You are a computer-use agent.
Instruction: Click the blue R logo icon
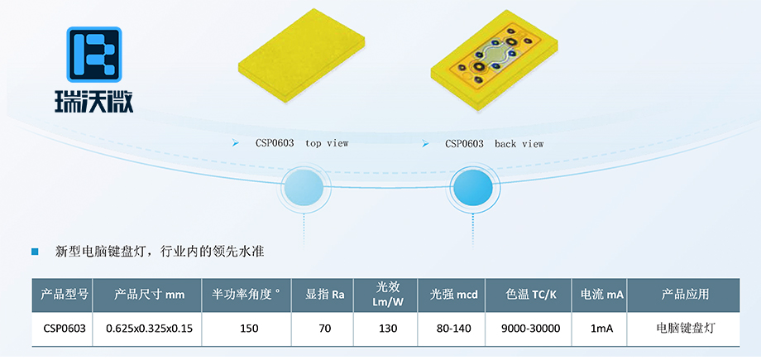coord(94,54)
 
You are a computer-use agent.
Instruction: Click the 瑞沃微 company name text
coord(93,101)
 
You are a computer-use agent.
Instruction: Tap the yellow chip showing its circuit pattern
coord(494,60)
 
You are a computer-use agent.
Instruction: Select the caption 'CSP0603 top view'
coord(302,144)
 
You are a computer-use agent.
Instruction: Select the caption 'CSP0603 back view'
coord(495,144)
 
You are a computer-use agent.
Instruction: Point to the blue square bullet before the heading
coord(35,252)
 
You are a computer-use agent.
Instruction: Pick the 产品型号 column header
coord(63,295)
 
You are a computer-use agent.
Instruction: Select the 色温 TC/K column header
coord(529,295)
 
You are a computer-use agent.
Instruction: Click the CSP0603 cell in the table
coord(63,329)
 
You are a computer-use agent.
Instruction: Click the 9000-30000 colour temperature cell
coord(530,329)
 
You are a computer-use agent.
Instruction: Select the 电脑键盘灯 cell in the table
coord(685,329)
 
